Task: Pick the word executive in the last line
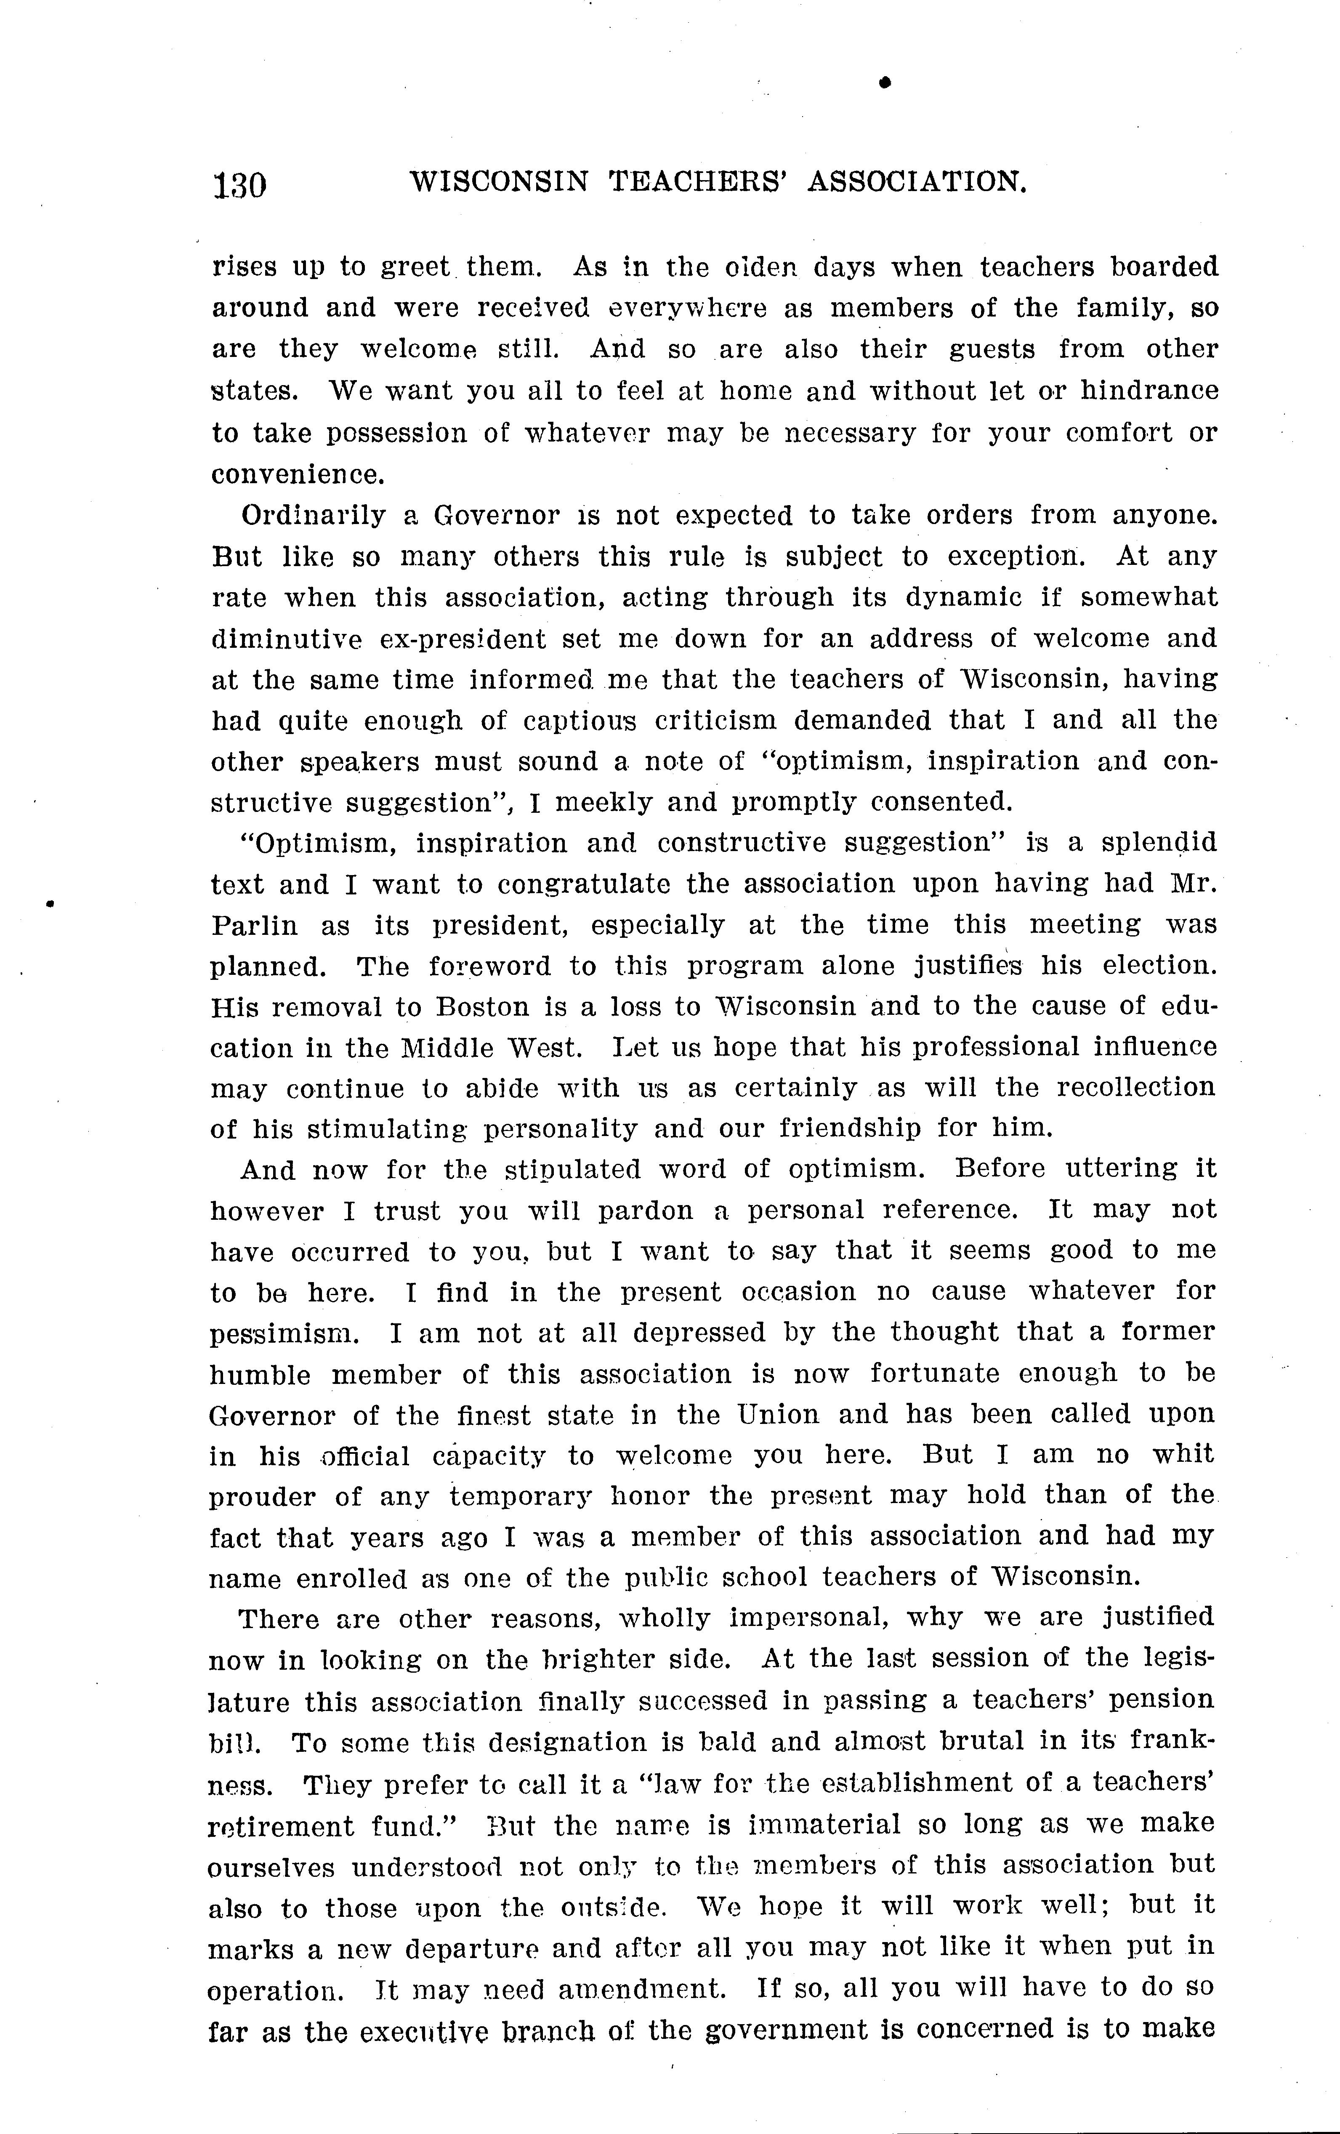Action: [x=411, y=2030]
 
